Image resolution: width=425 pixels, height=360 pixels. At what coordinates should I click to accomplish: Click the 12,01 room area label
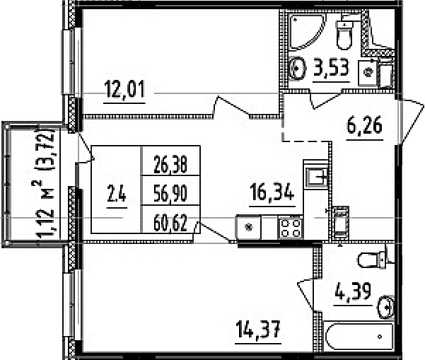tap(124, 89)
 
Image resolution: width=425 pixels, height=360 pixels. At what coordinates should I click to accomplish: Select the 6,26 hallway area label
tap(365, 125)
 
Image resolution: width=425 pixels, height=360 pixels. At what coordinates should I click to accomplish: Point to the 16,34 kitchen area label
tap(272, 192)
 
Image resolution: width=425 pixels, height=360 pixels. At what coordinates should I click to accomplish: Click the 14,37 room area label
tap(258, 329)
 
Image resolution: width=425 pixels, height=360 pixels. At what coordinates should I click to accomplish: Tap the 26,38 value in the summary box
tap(170, 164)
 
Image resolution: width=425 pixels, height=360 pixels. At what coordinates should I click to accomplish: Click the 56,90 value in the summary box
tap(170, 193)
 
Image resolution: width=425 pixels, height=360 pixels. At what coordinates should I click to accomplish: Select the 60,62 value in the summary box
tap(170, 223)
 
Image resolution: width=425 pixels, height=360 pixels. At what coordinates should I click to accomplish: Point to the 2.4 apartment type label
tap(117, 194)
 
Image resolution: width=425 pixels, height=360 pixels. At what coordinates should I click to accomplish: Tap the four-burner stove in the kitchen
tap(291, 228)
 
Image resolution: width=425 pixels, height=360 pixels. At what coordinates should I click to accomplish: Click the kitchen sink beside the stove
tap(248, 227)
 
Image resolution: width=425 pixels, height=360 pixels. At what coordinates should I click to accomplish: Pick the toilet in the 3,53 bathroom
tap(344, 33)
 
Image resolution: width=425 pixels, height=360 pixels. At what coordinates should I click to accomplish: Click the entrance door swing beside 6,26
tap(411, 122)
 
